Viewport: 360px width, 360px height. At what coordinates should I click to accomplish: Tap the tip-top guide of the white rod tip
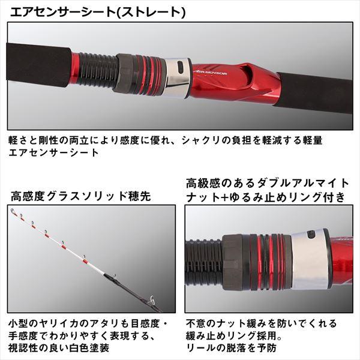[13, 211]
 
